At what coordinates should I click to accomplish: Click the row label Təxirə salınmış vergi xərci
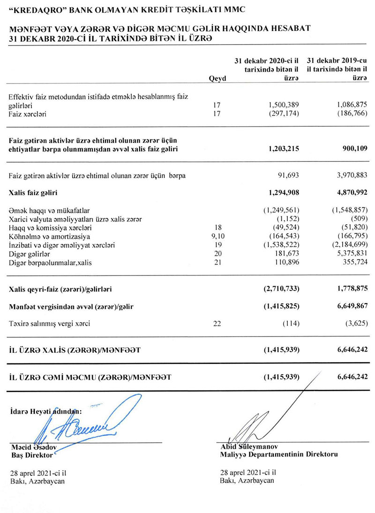[49, 323]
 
